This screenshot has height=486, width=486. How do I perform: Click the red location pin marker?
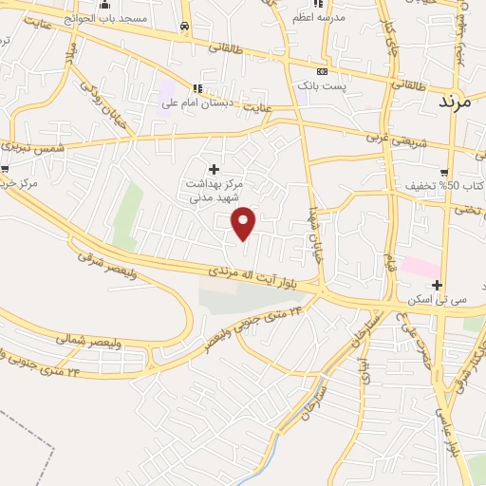tap(244, 222)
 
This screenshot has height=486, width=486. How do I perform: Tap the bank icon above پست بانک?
tap(322, 72)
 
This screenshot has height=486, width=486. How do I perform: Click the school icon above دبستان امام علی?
tap(197, 88)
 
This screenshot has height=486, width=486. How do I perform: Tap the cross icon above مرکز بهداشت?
tap(214, 169)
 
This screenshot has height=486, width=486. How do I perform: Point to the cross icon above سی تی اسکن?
tap(437, 285)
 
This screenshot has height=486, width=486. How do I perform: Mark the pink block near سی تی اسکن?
tap(419, 267)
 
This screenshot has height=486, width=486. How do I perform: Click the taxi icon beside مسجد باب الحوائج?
tap(183, 27)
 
